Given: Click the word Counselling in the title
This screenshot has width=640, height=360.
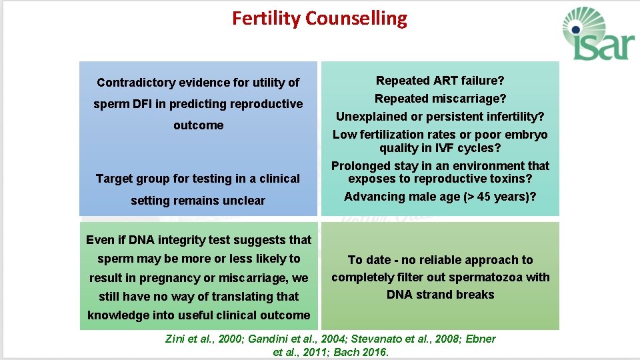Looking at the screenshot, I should click(x=356, y=19).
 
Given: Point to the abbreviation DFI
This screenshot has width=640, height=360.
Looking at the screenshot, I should click(x=153, y=104).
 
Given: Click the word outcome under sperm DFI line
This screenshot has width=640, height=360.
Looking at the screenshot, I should click(x=198, y=125).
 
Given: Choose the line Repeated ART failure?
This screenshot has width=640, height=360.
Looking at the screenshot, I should click(x=440, y=81).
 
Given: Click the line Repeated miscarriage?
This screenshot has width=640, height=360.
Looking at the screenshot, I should click(x=440, y=99).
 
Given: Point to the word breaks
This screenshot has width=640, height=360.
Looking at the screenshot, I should click(x=476, y=295).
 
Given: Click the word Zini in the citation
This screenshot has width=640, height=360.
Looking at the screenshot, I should click(x=176, y=339).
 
